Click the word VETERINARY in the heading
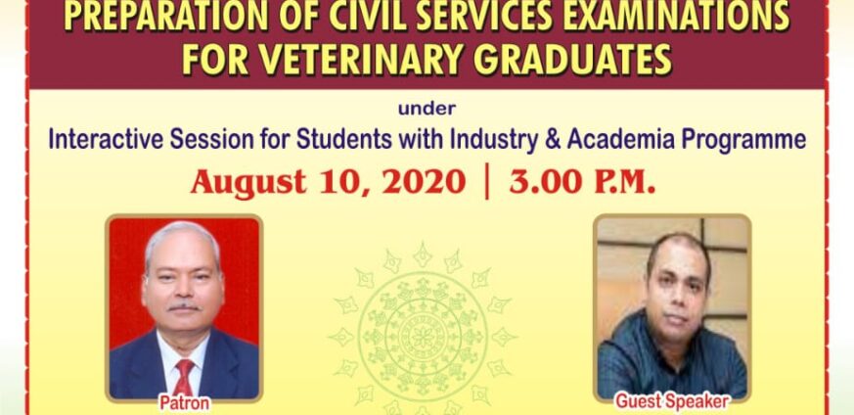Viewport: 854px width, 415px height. (374, 59)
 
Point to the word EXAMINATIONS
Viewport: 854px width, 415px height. (676, 17)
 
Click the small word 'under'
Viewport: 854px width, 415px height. (427, 109)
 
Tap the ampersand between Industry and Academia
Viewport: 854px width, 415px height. (550, 140)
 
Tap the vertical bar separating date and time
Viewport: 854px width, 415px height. (487, 183)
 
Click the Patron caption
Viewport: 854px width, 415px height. (184, 403)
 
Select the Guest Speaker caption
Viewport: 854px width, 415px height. (672, 402)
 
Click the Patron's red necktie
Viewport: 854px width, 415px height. (183, 378)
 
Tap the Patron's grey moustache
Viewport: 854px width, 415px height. (183, 307)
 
